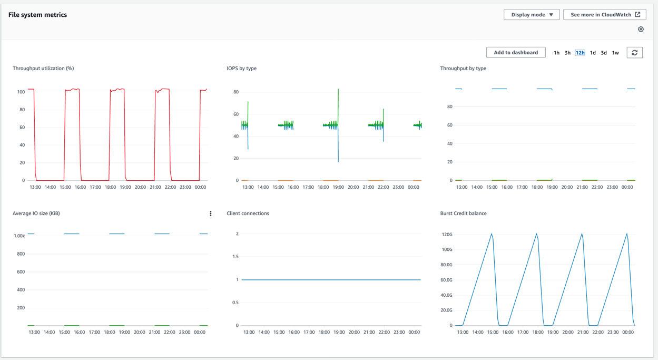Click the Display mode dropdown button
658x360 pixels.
(531, 15)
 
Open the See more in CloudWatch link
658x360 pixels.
(605, 15)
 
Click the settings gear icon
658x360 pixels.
(641, 30)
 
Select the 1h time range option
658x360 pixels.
(556, 53)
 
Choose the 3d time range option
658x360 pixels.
(604, 53)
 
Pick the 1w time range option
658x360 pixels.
(615, 53)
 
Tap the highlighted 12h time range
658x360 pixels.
(580, 53)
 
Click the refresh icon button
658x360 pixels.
(634, 53)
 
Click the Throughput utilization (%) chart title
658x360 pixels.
(43, 69)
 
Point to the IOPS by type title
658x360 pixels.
(241, 69)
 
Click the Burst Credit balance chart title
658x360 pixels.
(463, 213)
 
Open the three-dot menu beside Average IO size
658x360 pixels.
(211, 213)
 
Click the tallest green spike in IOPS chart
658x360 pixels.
(338, 91)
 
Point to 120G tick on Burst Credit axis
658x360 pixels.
(446, 235)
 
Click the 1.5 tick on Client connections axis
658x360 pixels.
(235, 257)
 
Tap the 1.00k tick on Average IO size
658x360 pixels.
(19, 236)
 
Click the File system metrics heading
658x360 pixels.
(37, 15)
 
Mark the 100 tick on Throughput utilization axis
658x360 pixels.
(21, 92)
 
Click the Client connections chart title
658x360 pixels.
(248, 213)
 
